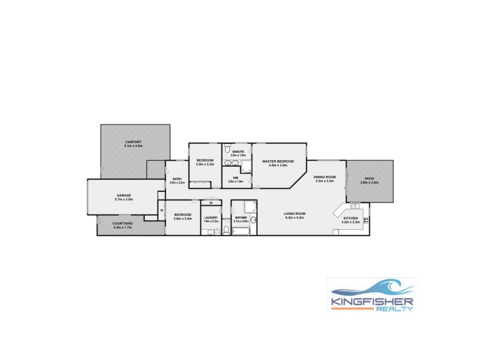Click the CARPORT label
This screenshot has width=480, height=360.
tap(133, 142)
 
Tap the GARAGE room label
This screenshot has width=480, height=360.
tap(124, 196)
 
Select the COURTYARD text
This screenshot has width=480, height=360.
tap(123, 223)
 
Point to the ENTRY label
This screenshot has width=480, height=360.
tap(176, 179)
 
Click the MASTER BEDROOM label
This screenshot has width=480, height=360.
tap(278, 161)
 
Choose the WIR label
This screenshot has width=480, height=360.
tap(236, 178)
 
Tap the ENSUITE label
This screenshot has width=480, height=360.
tap(238, 151)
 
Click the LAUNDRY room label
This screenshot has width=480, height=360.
tap(211, 217)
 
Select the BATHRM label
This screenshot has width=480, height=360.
tap(241, 217)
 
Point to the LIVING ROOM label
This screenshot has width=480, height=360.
tap(295, 214)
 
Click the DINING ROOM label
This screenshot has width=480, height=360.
tap(325, 177)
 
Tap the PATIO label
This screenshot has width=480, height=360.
tap(369, 178)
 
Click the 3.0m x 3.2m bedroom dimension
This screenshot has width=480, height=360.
tap(205, 164)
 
